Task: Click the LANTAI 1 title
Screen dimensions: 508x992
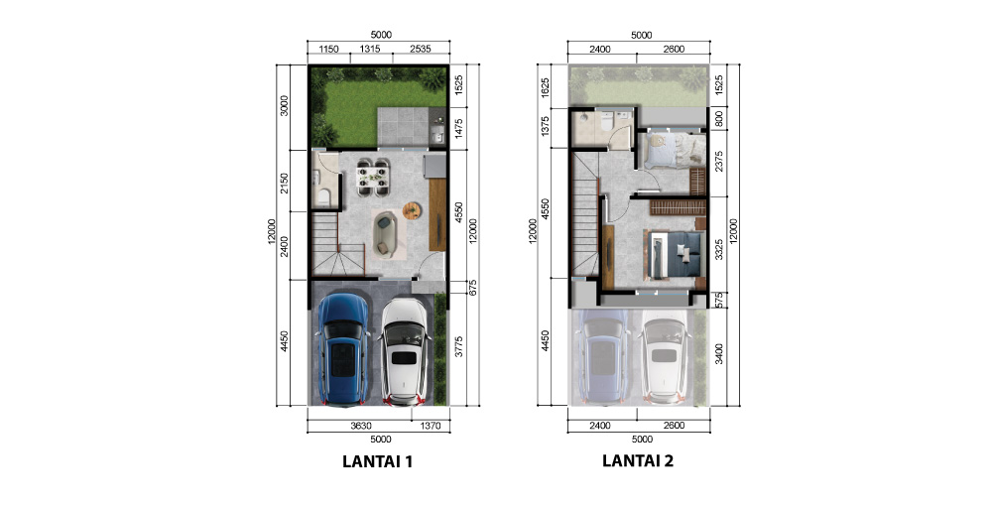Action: (377, 461)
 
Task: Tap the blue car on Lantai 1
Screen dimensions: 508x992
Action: (343, 348)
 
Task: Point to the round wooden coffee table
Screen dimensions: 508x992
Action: (413, 208)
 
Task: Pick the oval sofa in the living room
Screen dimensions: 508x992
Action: (383, 232)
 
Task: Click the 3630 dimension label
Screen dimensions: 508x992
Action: (361, 426)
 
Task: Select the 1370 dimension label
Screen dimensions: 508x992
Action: (430, 426)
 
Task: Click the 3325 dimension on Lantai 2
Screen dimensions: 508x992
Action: (717, 248)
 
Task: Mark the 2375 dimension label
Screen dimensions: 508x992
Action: (717, 161)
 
